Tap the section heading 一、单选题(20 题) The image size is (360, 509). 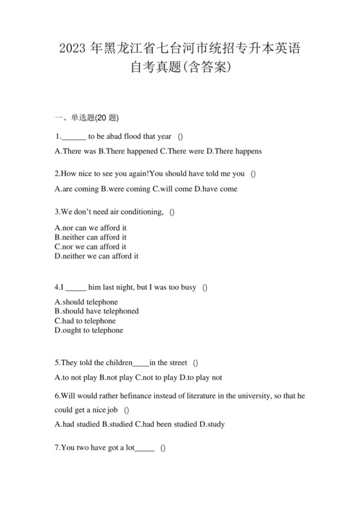point(87,118)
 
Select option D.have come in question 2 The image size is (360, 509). point(215,189)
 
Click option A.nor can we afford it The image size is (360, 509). point(91,228)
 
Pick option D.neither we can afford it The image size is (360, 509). point(96,256)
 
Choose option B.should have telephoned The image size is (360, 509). point(96,311)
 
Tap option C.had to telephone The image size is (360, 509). point(85,321)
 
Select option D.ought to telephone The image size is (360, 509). point(89,330)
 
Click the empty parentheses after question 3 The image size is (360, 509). point(172,212)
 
